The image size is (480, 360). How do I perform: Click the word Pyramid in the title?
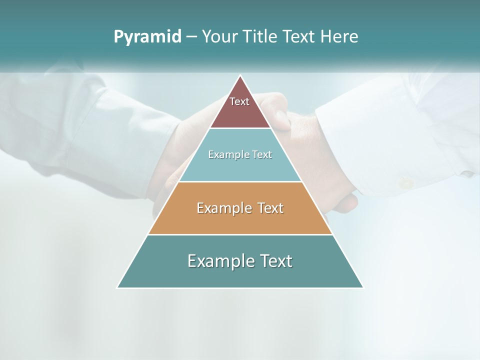pos(147,37)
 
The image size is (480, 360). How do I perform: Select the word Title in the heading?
pos(262,37)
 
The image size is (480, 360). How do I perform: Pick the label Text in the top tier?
pos(239,101)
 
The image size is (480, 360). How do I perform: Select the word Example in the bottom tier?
pos(218,261)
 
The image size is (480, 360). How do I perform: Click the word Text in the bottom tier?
pos(273,261)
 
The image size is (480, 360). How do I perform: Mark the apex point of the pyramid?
pos(240,76)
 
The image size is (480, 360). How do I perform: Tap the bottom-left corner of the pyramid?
pos(118,287)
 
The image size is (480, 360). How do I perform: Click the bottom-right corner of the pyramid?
pos(363,287)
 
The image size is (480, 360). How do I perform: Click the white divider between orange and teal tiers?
pos(240,234)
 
